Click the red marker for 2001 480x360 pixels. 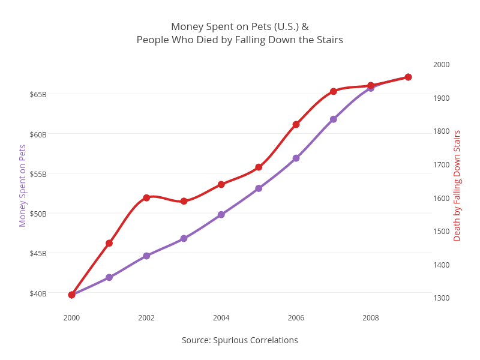click(109, 243)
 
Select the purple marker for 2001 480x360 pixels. click(109, 277)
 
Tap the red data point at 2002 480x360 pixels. click(146, 197)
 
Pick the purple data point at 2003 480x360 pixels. click(184, 238)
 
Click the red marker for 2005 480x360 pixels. click(259, 167)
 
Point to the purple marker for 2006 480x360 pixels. click(296, 158)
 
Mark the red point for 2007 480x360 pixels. click(333, 91)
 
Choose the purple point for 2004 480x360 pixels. click(221, 214)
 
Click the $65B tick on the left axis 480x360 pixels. click(38, 94)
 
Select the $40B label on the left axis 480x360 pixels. click(38, 293)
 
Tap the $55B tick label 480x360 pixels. click(38, 174)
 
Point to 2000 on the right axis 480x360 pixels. click(441, 65)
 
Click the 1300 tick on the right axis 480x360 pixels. click(441, 298)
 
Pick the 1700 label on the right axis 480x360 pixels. click(441, 165)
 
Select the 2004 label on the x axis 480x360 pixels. click(221, 318)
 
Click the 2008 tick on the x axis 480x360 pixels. click(371, 318)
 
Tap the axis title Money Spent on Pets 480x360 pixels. click(23, 185)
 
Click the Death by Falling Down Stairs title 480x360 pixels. click(457, 185)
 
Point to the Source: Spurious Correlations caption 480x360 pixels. click(240, 340)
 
